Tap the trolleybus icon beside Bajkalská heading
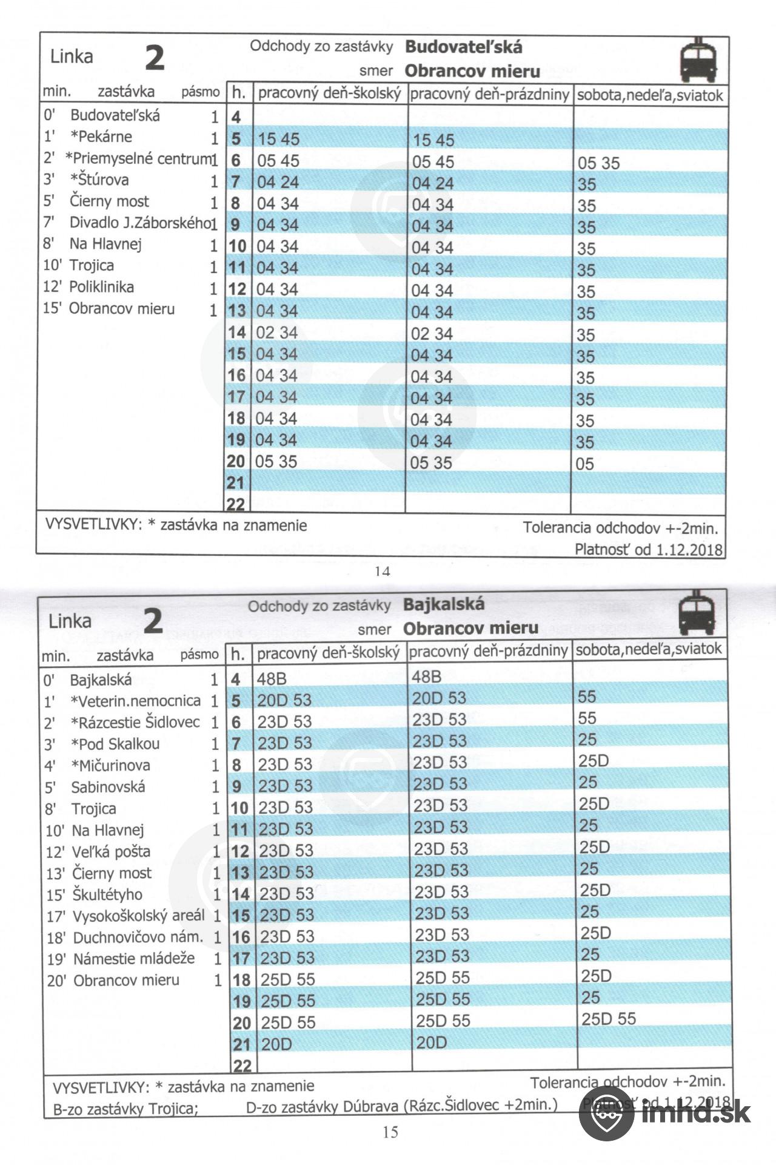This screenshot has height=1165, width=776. pyautogui.click(x=697, y=613)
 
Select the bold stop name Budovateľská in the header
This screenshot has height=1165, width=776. pyautogui.click(x=463, y=47)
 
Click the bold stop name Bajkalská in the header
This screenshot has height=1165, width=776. pyautogui.click(x=444, y=604)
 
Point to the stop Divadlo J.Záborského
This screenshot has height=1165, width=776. pyautogui.click(x=139, y=223)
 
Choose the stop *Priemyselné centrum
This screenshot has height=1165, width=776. pyautogui.click(x=139, y=158)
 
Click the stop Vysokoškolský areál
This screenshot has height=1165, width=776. pyautogui.click(x=138, y=916)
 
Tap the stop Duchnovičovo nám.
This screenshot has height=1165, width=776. pyautogui.click(x=138, y=937)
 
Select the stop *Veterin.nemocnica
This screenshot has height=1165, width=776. pyautogui.click(x=135, y=701)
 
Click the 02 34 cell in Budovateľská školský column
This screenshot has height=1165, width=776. pyautogui.click(x=277, y=333)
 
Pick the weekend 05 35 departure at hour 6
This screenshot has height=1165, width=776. pyautogui.click(x=598, y=163)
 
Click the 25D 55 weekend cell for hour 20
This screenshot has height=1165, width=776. pyautogui.click(x=609, y=1019)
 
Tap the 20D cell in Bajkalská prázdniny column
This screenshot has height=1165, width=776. pyautogui.click(x=431, y=1042)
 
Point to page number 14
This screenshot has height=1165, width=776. pyautogui.click(x=383, y=571)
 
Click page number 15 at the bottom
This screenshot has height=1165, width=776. pyautogui.click(x=390, y=1132)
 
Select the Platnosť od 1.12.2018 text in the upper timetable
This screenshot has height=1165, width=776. pyautogui.click(x=649, y=550)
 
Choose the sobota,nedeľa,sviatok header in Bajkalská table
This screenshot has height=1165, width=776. pyautogui.click(x=649, y=649)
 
